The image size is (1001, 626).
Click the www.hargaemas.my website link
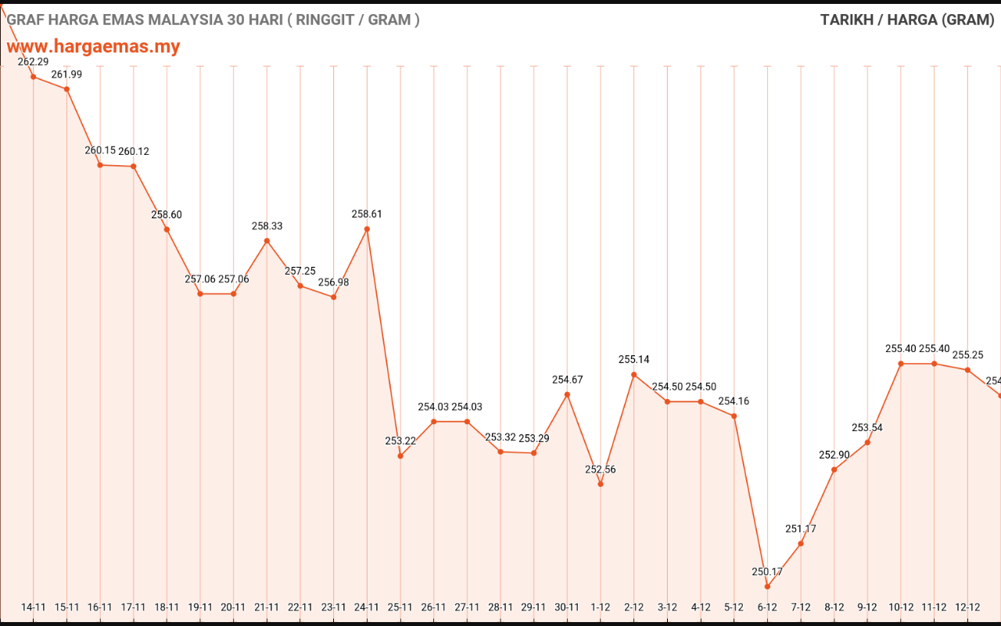pyautogui.click(x=93, y=46)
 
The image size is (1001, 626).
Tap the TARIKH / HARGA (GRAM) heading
pyautogui.click(x=907, y=20)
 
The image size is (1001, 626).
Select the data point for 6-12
pyautogui.click(x=767, y=586)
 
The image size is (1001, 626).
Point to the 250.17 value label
pyautogui.click(x=767, y=572)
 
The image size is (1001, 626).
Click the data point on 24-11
pyautogui.click(x=367, y=228)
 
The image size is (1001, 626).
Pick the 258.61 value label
pyautogui.click(x=367, y=214)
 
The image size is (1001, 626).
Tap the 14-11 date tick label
pyautogui.click(x=34, y=606)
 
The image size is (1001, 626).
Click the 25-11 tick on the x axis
pyautogui.click(x=400, y=606)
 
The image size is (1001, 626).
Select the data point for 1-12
pyautogui.click(x=601, y=484)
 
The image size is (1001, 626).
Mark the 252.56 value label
pyautogui.click(x=601, y=469)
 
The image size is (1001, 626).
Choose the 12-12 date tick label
pyautogui.click(x=967, y=606)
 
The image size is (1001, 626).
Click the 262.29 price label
pyautogui.click(x=33, y=62)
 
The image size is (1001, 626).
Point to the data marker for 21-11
pyautogui.click(x=267, y=240)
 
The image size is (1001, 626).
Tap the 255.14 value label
pyautogui.click(x=634, y=360)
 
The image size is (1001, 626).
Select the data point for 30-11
pyautogui.click(x=567, y=394)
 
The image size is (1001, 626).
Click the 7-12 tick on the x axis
pyautogui.click(x=801, y=606)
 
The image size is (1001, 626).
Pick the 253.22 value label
pyautogui.click(x=400, y=441)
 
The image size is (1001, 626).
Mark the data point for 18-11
pyautogui.click(x=167, y=228)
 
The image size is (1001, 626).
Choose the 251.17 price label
pyautogui.click(x=801, y=529)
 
